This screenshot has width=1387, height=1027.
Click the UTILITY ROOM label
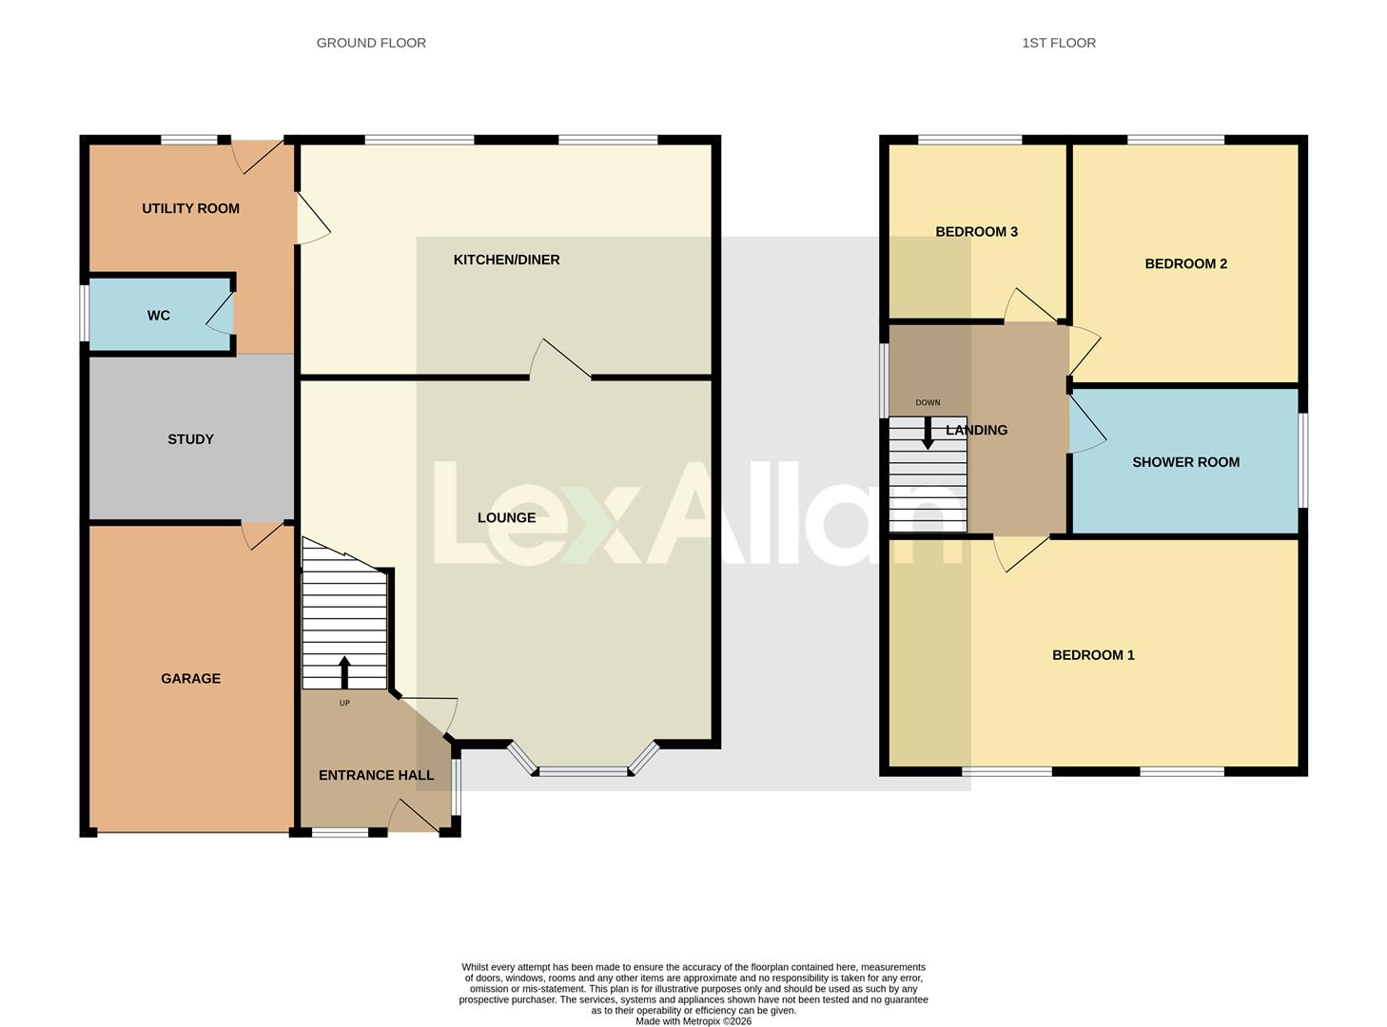[x=190, y=208]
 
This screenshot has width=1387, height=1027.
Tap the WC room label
[x=158, y=316]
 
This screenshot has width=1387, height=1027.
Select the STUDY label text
[x=190, y=439]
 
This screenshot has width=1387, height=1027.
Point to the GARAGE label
[x=190, y=678]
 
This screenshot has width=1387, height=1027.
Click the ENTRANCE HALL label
[x=376, y=775]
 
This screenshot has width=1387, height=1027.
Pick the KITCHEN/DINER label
[x=506, y=260]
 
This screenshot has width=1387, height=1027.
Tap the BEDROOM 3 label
[x=976, y=232]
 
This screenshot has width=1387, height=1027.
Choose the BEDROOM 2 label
[x=1185, y=264]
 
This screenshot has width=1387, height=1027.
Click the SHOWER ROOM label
[x=1185, y=462]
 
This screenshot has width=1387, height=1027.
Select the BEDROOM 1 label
[x=1092, y=655]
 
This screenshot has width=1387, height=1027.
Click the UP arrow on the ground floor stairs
[x=344, y=671]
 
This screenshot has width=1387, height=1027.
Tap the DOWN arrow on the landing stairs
[x=928, y=434]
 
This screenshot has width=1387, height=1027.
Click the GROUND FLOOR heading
[x=371, y=43]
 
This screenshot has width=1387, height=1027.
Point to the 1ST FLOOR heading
[x=1058, y=43]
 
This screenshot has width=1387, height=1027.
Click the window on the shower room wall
[x=1302, y=461]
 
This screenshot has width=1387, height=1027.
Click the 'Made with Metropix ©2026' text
[x=693, y=1021]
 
